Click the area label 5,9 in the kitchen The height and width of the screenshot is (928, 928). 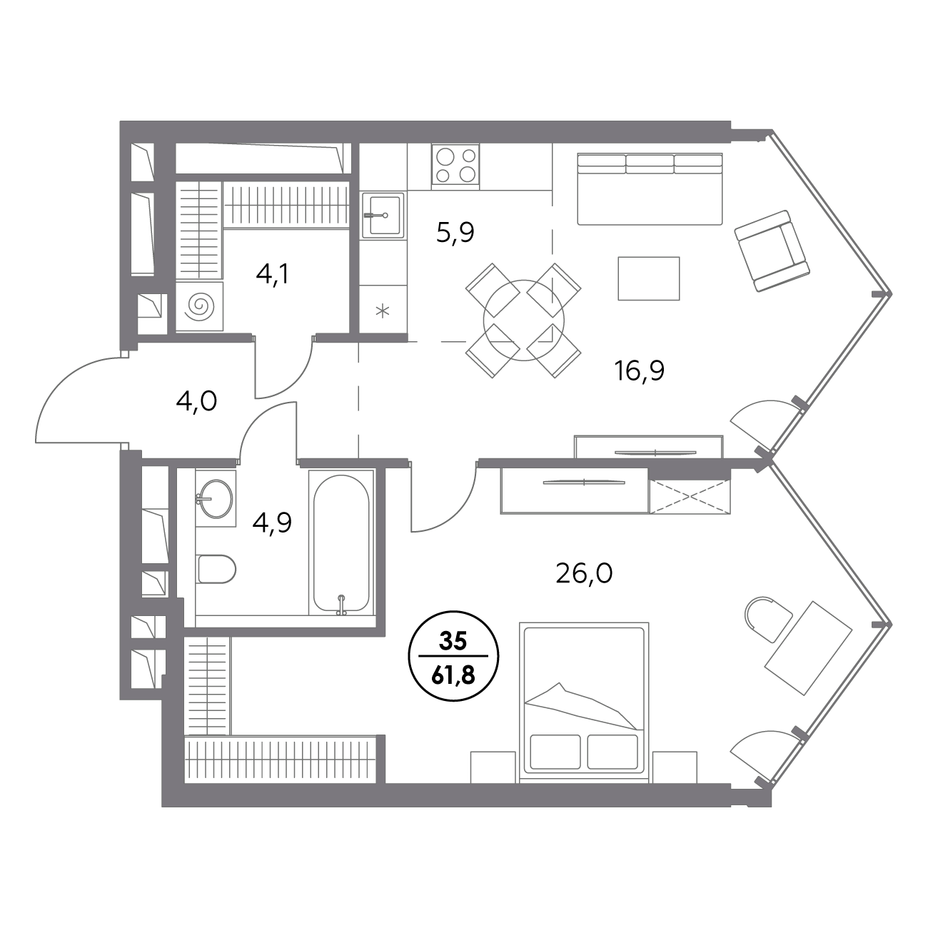pos(455,233)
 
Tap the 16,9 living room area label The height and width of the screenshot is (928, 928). pos(639,370)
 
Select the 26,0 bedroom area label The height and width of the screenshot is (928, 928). pos(584,573)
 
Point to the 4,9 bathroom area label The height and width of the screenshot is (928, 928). pos(272,523)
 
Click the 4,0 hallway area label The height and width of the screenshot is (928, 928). pos(196,401)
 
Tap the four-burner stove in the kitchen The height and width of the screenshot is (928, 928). pos(455,164)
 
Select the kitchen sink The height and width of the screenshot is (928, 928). pos(383,216)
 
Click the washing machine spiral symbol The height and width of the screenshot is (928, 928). pos(199,306)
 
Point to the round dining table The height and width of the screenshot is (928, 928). pos(523,321)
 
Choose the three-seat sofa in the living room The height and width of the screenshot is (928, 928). pos(650,188)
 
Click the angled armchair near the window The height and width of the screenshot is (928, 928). pos(772,251)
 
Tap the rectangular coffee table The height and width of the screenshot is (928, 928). pos(649,278)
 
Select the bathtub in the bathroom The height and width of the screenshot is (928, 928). pos(341,543)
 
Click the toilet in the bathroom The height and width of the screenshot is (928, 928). pos(216,569)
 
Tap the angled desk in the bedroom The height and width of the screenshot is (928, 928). pos(808,647)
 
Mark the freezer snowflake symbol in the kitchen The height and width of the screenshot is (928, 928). pos(383,311)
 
